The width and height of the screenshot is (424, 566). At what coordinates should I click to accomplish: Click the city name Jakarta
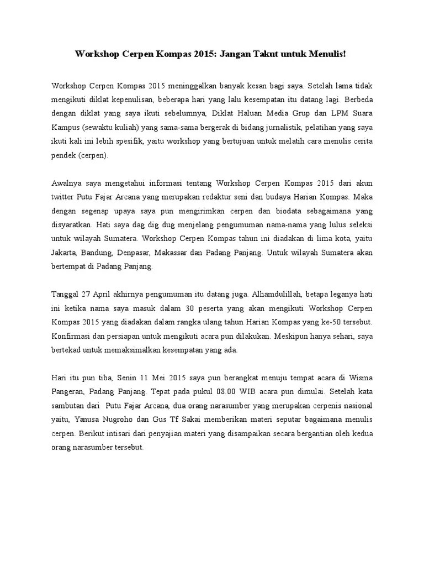(x=65, y=252)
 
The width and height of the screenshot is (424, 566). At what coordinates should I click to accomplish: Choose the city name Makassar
(x=175, y=252)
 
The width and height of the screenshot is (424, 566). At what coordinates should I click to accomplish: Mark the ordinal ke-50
(x=325, y=322)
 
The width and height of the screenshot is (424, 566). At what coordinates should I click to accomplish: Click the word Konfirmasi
(x=71, y=336)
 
